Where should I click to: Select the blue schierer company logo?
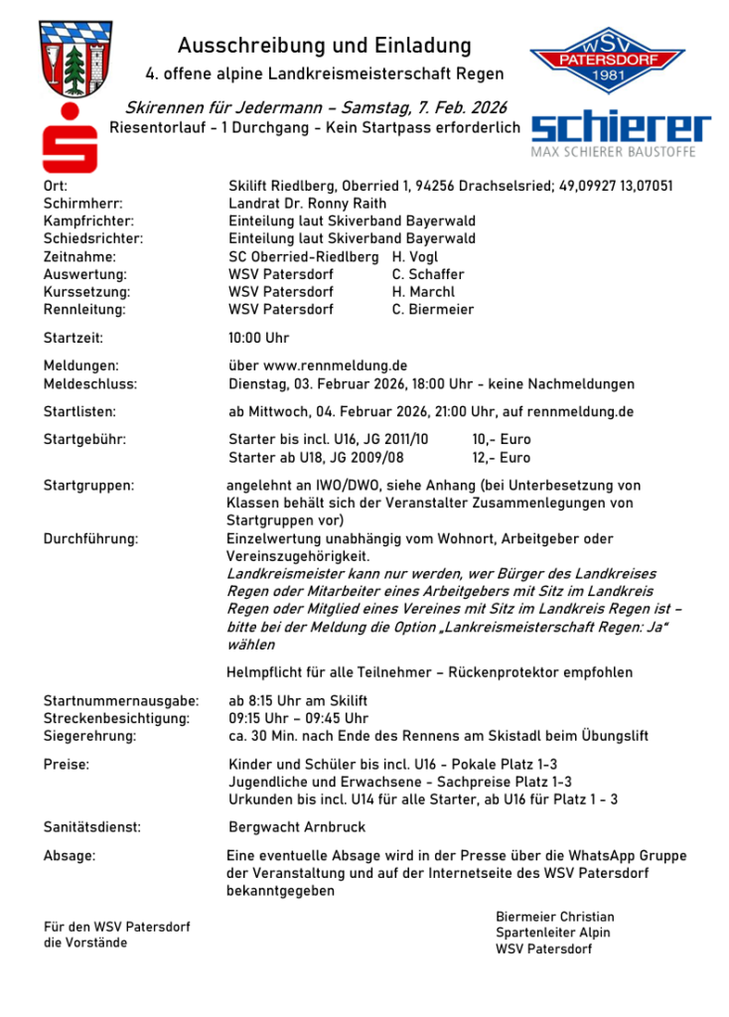point(621,130)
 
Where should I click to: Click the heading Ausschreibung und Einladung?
point(324,46)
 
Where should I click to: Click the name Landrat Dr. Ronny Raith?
point(308,204)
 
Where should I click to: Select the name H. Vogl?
point(414,256)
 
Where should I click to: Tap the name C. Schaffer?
point(428,274)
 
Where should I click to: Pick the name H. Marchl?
point(423,292)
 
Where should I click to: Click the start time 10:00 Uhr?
point(259,339)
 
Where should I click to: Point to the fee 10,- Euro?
point(502,439)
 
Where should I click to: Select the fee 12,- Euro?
point(502,458)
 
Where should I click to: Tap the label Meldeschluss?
point(90,384)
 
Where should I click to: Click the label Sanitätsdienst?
point(92,826)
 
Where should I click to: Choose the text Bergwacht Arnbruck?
point(297,826)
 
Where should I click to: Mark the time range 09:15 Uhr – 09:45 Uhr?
point(298,719)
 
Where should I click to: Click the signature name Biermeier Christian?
point(555,917)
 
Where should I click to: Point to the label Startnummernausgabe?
point(121,701)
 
